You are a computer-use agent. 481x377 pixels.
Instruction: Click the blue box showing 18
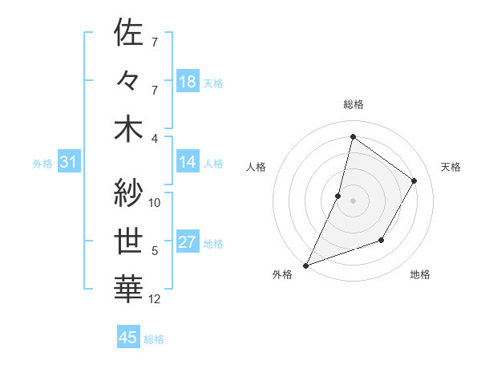point(188,81)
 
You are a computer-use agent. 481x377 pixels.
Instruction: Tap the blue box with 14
point(188,162)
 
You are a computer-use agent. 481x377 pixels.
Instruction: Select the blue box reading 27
point(188,243)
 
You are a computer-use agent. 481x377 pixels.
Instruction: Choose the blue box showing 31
point(69,163)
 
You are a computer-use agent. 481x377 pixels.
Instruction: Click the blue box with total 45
point(128,338)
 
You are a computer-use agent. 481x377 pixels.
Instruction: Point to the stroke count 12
point(155,300)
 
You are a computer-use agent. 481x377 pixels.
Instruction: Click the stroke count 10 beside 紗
point(155,203)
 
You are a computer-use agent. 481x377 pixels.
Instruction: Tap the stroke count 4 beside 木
point(154,137)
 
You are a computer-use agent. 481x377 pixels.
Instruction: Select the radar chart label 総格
point(353,104)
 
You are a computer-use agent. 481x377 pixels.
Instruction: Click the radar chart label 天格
point(451,167)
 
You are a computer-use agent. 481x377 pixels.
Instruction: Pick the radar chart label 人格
point(256,167)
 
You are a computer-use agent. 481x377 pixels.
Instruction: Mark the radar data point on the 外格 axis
point(305,265)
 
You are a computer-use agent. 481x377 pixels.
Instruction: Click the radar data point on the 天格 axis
point(414,180)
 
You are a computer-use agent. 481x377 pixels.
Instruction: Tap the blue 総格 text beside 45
point(154,339)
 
